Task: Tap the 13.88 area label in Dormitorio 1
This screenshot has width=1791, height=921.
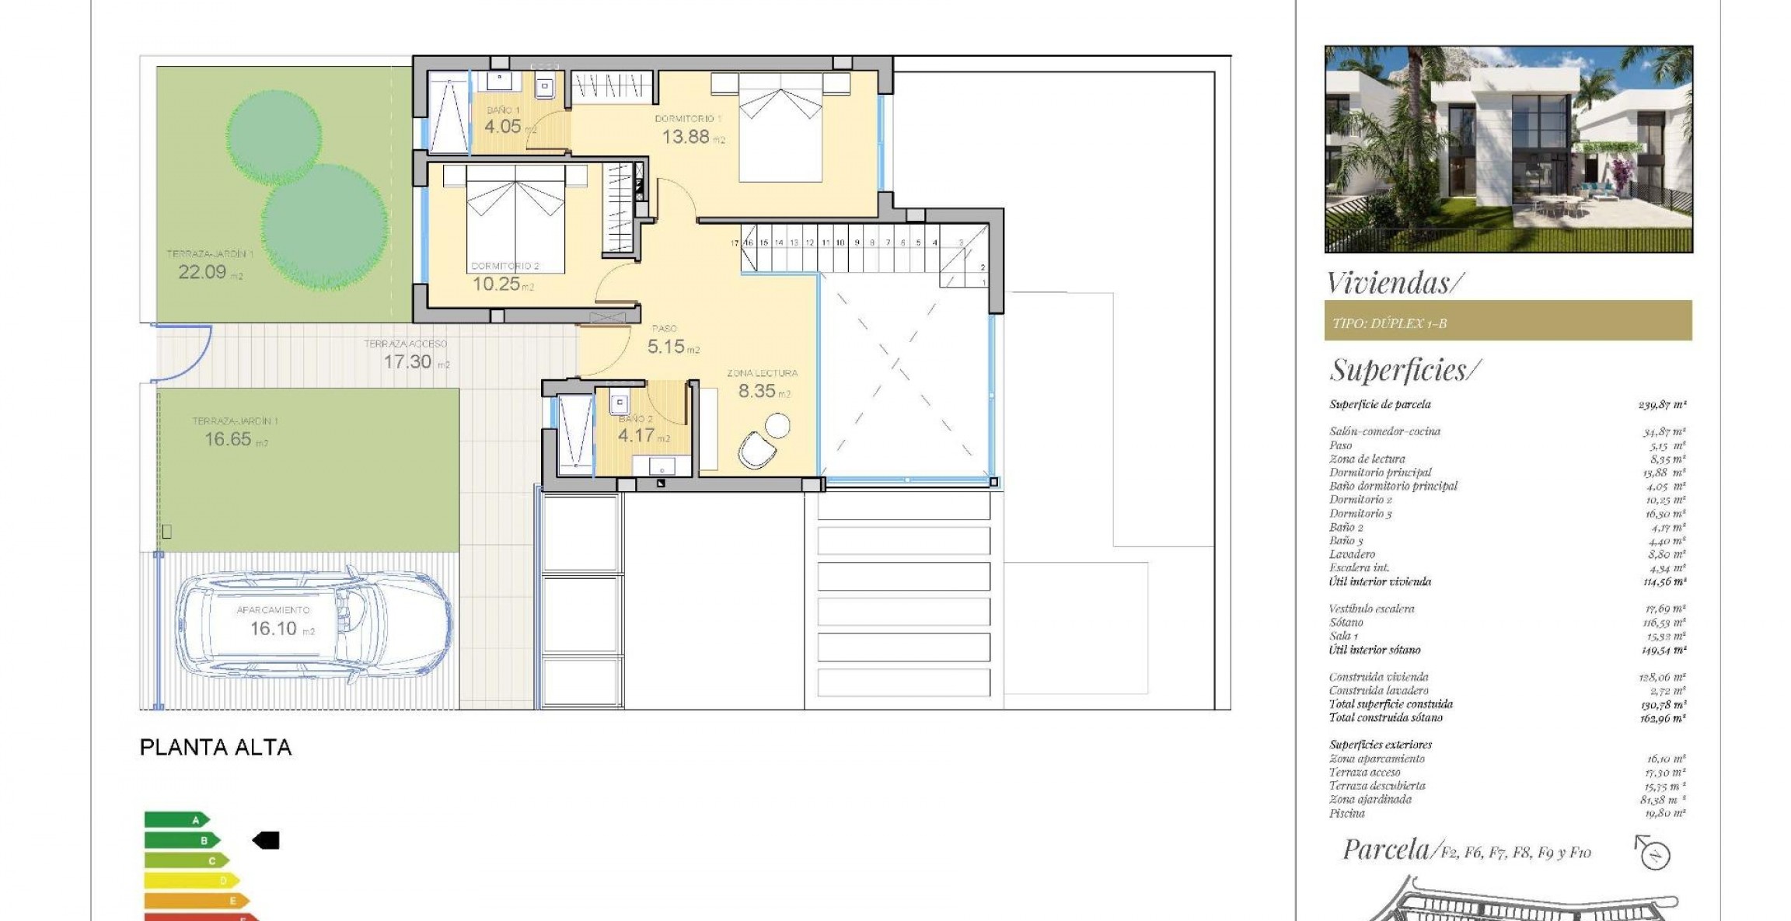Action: tap(686, 137)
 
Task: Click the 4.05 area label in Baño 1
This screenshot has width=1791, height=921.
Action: tap(503, 126)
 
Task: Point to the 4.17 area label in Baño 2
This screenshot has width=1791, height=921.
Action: tap(636, 436)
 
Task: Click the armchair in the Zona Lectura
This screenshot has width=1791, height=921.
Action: tap(756, 450)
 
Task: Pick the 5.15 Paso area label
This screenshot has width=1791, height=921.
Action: tap(667, 347)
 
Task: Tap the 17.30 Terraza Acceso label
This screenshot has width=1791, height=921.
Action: tap(408, 361)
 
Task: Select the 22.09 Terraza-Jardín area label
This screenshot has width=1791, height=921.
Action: tap(202, 272)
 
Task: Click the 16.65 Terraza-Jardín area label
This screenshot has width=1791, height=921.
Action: tap(228, 439)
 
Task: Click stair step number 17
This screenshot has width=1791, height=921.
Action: tap(735, 243)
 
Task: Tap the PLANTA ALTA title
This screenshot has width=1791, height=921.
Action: tap(215, 748)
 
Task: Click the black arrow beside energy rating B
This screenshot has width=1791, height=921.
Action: tap(267, 840)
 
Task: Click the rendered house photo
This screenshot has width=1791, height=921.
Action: tap(1508, 149)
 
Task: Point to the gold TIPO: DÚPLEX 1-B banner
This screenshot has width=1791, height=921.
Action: tap(1508, 321)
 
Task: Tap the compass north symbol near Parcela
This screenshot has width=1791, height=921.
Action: tap(1655, 855)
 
